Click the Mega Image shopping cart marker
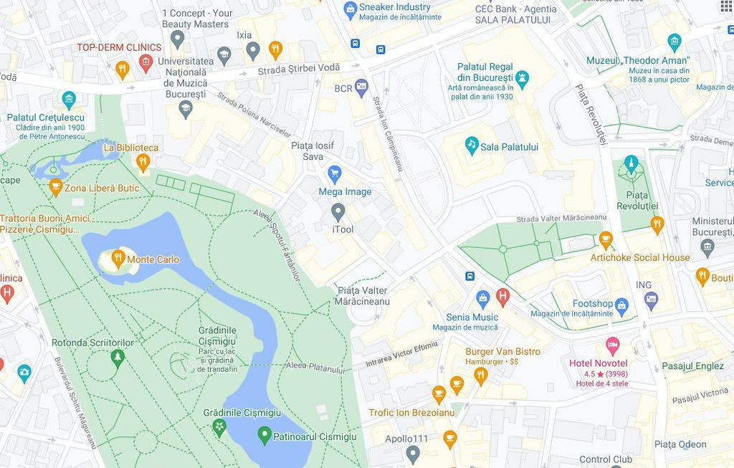click(x=334, y=173)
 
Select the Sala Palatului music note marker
click(x=472, y=145)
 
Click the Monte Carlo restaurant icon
click(x=118, y=259)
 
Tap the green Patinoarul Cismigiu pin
click(x=264, y=434)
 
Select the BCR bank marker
click(x=361, y=87)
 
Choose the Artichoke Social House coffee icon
click(x=606, y=240)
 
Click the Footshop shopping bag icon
click(x=621, y=306)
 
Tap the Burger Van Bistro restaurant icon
click(x=480, y=374)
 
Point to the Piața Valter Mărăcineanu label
click(x=362, y=295)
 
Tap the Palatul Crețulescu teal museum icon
click(x=69, y=99)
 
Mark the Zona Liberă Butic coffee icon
click(x=55, y=187)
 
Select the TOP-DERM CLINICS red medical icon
click(x=146, y=64)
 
